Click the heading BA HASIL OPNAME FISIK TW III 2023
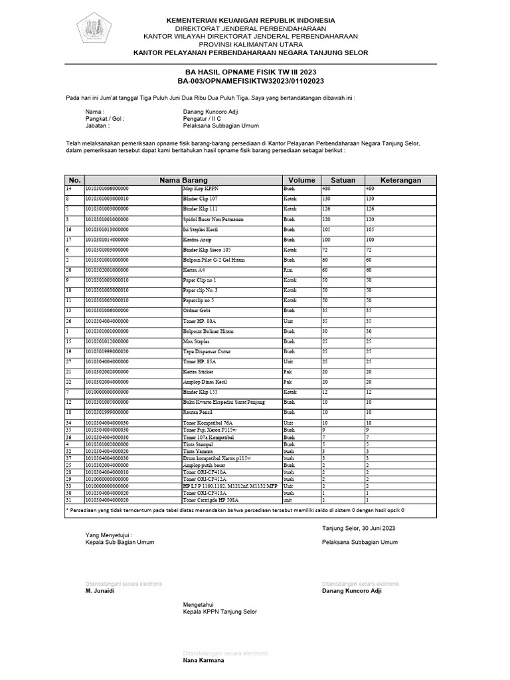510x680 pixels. [x=254, y=72]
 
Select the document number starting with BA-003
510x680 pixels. [x=254, y=81]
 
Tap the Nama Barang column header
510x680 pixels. [x=183, y=180]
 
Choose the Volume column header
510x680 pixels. [x=301, y=180]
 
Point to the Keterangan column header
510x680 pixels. [x=400, y=180]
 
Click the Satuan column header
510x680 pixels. [x=343, y=180]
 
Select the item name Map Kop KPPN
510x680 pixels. [x=200, y=189]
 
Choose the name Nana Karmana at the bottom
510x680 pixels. [x=203, y=661]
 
